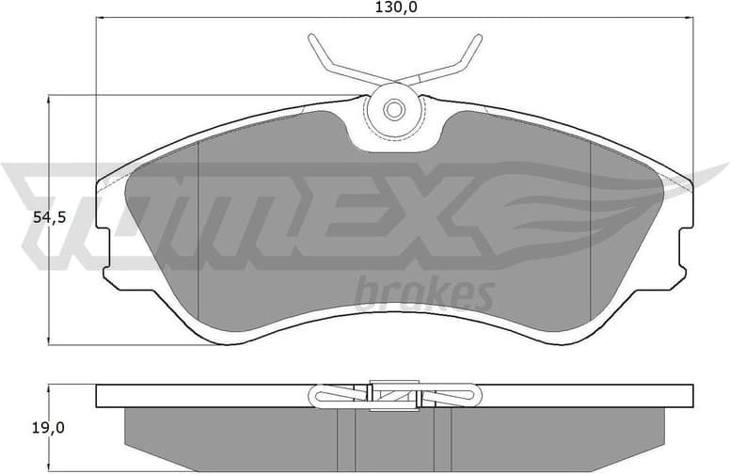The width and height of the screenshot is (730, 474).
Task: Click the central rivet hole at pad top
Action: pyautogui.click(x=394, y=110)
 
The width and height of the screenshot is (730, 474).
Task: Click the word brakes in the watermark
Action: pyautogui.click(x=423, y=295)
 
